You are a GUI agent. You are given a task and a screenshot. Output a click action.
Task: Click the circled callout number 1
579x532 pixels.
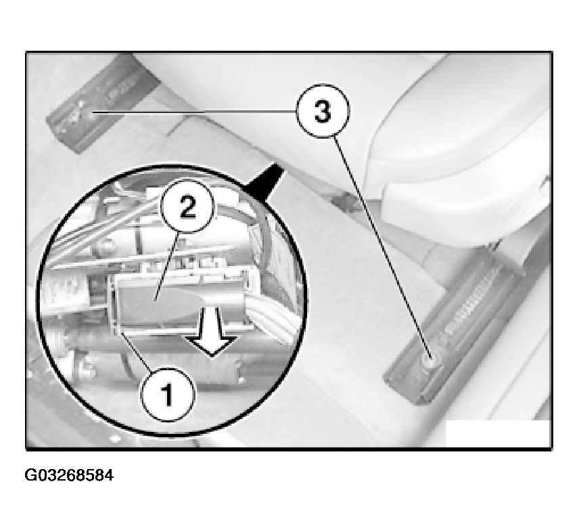point(168,395)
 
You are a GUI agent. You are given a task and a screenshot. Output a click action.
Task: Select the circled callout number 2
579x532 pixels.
point(187,206)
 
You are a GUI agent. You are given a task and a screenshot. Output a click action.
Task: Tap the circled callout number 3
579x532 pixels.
point(323,111)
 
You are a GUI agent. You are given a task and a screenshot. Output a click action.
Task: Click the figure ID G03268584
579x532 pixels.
point(69,475)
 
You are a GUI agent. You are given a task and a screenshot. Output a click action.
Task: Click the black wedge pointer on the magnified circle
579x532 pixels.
point(265,179)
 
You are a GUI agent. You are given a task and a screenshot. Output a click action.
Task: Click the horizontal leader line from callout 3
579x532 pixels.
point(194,111)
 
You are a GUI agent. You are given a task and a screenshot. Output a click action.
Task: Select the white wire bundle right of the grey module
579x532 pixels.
point(272,322)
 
